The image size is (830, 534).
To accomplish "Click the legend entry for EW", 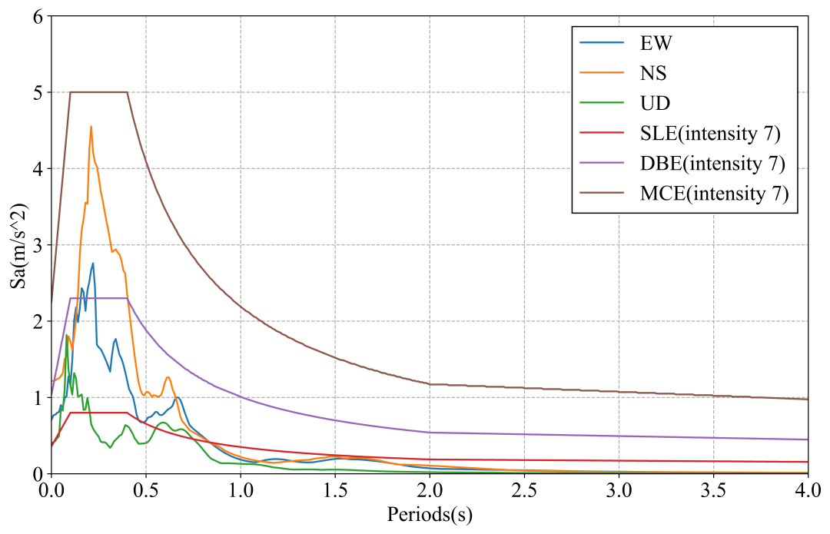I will click(656, 43).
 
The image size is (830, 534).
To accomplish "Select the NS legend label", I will click(653, 74).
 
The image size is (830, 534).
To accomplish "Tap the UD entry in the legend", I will click(654, 104).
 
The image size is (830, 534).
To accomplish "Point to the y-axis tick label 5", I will click(37, 92).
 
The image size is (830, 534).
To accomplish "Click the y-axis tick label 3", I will click(37, 245).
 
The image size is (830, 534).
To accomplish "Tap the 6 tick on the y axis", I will click(37, 16).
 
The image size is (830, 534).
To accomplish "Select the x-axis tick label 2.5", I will click(525, 489).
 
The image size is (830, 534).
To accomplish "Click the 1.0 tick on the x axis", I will click(241, 489).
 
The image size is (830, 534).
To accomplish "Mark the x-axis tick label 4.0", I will click(807, 489).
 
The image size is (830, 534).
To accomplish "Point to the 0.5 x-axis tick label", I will click(146, 489).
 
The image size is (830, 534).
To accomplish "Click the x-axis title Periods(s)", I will click(430, 514).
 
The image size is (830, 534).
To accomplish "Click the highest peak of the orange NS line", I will click(91, 127).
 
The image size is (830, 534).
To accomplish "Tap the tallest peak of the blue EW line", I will click(93, 264).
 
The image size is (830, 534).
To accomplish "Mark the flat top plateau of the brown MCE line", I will click(98, 92).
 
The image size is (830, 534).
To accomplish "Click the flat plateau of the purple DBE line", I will click(98, 298).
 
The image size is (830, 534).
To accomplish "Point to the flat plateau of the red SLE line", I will click(98, 413).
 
